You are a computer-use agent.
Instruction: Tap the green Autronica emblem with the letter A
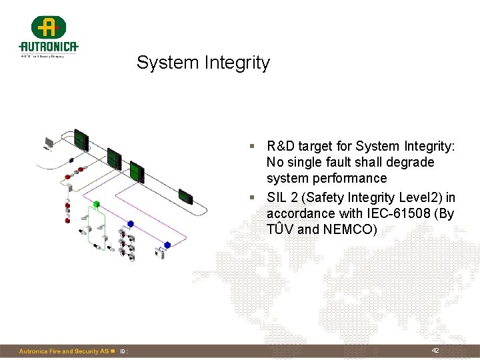49,27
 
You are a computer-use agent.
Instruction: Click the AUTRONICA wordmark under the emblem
49,47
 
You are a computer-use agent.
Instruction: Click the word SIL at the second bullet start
277,197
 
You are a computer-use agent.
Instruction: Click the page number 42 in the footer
435,351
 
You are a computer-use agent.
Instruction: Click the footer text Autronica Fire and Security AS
63,351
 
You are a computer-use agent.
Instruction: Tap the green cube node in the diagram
96,203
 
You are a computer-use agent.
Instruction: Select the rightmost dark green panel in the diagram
186,197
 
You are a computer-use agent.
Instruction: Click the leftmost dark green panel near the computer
81,139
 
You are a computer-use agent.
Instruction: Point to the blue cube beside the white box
167,245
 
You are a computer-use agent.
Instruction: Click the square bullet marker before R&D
253,146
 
